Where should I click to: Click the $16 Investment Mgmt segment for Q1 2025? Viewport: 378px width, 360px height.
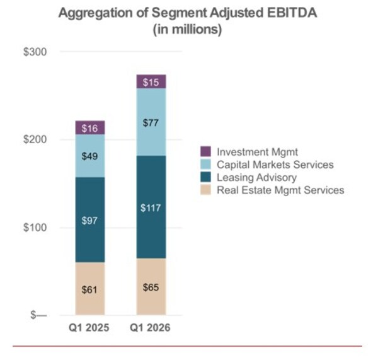coord(90,128)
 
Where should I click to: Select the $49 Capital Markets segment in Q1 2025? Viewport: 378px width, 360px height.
coord(90,156)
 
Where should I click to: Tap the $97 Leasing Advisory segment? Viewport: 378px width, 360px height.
coord(90,219)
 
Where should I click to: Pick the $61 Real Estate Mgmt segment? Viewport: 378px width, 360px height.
coord(90,289)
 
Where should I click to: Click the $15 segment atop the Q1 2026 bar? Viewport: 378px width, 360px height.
coord(151,81)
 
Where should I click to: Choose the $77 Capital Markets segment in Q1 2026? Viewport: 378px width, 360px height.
coord(151,122)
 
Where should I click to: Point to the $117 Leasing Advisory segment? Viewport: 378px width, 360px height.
coord(151,207)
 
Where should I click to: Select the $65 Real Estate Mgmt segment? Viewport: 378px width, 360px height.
coord(151,287)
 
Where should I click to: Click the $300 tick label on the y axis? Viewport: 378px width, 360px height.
coord(35,52)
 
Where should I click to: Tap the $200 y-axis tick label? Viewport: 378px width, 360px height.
coord(35,139)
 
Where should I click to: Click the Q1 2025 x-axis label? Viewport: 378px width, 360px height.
coord(90,328)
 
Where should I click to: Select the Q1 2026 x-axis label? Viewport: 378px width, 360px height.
coord(151,328)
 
